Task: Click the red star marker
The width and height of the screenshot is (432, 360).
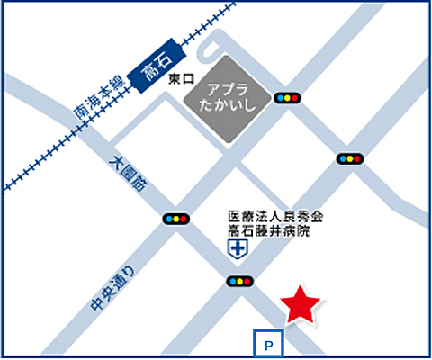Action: coord(299,305)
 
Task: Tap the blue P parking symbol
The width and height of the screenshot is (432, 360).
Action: coord(268,342)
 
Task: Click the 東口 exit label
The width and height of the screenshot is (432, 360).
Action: coord(181,80)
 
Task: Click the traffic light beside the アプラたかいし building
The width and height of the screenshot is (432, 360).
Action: coord(288,97)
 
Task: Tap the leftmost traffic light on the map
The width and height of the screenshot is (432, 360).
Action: coord(175,219)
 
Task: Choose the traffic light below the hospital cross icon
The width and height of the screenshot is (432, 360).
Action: coord(238,282)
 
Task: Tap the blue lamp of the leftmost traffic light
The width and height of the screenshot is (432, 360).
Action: coord(168,219)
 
